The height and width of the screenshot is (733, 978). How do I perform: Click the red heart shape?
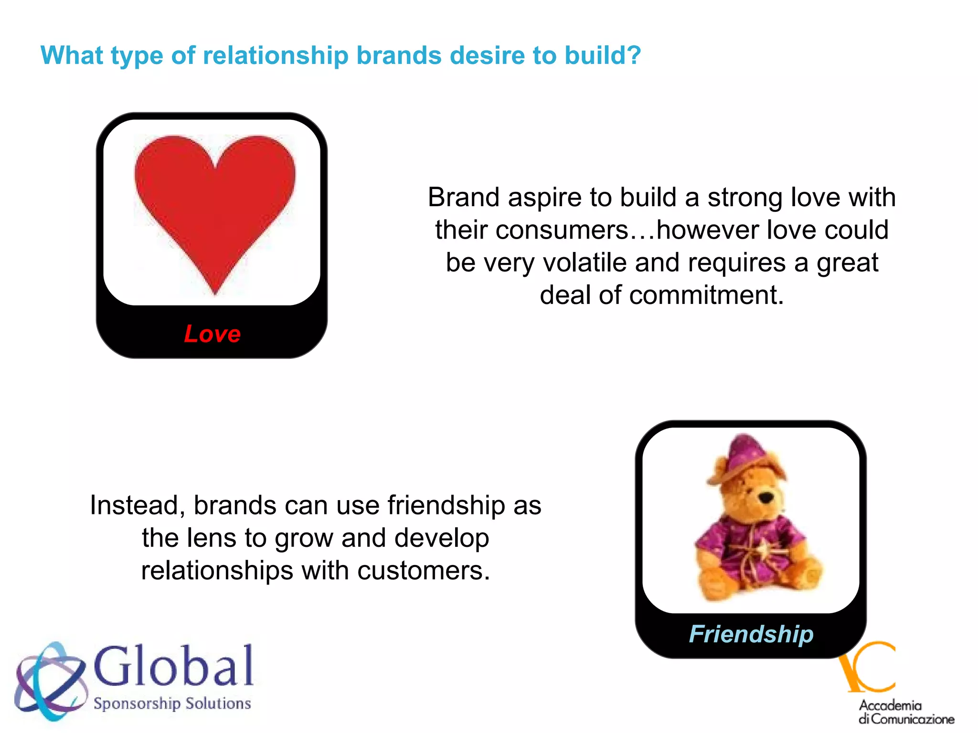215,205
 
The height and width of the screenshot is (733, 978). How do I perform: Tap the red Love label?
213,334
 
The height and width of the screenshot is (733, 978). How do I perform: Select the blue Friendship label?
751,634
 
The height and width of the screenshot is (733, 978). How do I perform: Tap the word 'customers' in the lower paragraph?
423,571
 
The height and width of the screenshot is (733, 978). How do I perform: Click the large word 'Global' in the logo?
174,667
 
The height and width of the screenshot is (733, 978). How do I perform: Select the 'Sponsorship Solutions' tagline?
172,703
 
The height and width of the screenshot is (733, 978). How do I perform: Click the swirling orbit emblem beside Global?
50,680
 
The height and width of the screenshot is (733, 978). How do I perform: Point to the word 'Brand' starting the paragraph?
464,198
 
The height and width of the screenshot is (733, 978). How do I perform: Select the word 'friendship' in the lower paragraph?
446,505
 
